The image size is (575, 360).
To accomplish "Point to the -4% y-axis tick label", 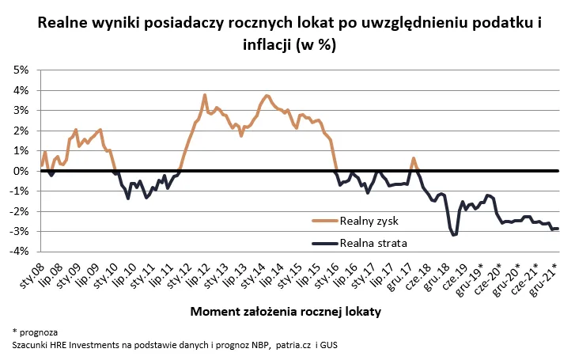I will [18, 252].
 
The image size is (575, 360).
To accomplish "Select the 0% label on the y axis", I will [20, 171].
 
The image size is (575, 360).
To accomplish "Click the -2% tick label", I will [18, 211].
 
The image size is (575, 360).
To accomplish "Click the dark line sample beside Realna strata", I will [324, 242].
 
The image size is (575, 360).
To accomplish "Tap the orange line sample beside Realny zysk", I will [324, 222].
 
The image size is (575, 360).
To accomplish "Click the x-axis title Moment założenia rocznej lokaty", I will [286, 312].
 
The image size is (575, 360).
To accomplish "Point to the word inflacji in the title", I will [267, 44].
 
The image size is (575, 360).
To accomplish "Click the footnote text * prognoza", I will [35, 332].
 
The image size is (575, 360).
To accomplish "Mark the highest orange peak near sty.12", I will [205, 96].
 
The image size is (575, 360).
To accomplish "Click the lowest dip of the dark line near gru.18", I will [453, 235].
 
